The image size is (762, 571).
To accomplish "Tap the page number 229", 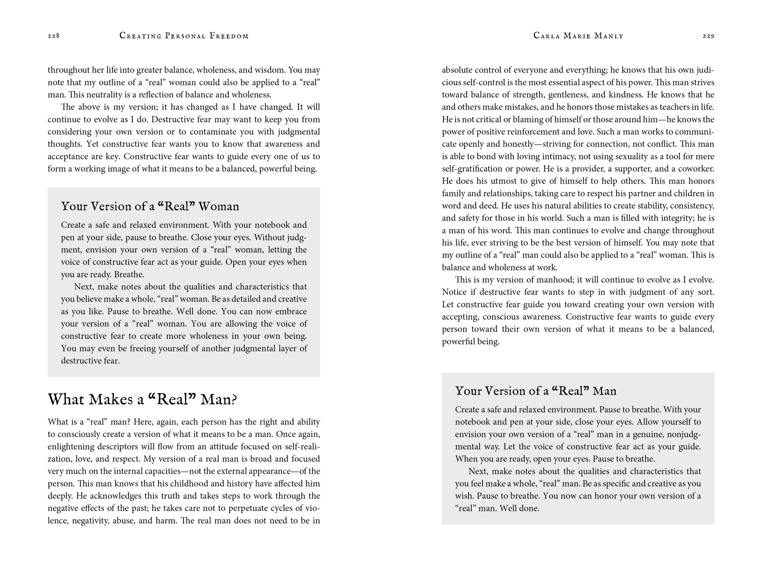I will [x=708, y=36].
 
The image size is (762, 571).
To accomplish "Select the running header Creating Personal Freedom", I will [x=184, y=36].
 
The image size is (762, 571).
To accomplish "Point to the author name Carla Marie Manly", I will [x=578, y=36].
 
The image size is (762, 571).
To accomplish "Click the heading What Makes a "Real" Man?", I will [x=142, y=399].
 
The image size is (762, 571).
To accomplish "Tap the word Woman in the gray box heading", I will [x=219, y=206].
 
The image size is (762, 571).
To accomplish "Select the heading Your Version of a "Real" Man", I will [x=536, y=391].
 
